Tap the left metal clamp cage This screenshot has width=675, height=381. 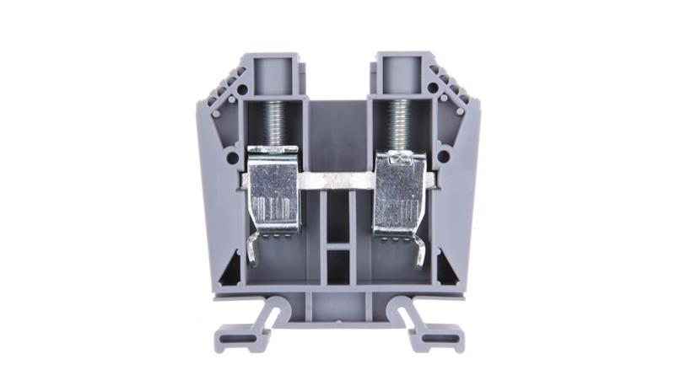click(x=275, y=190)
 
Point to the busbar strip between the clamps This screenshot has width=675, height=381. click(x=337, y=180)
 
